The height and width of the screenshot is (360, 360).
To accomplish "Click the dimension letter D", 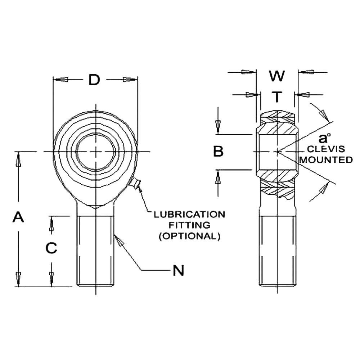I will [x=94, y=80].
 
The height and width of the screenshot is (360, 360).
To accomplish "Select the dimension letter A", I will [x=18, y=217].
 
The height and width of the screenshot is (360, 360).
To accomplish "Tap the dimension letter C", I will [x=52, y=248].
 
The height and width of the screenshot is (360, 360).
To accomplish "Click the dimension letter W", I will [x=277, y=76].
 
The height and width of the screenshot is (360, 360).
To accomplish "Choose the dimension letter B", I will [x=218, y=152].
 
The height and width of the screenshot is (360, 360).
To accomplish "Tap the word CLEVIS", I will [x=325, y=149].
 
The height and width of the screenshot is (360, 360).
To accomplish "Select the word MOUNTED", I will [x=326, y=160].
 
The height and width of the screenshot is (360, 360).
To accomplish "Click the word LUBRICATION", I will [x=189, y=215].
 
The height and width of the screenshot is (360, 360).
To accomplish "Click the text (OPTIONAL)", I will [x=189, y=236].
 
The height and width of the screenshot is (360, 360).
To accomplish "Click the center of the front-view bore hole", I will [x=96, y=152].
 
